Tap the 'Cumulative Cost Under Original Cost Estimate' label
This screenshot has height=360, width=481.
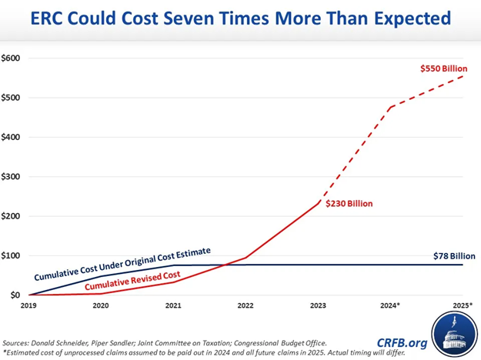pos(122,263)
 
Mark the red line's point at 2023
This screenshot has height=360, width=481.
pos(317,203)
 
